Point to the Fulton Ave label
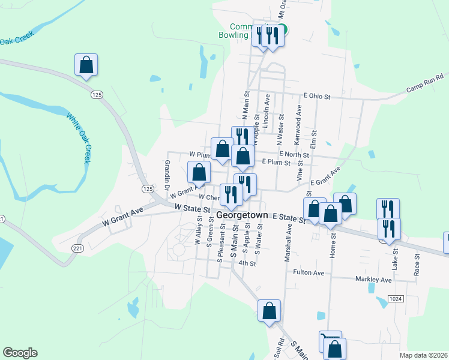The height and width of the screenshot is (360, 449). [x=309, y=272]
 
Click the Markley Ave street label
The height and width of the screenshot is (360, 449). [x=373, y=280]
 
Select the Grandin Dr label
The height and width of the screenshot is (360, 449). [x=167, y=172]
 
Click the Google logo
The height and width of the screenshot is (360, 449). [x=20, y=353]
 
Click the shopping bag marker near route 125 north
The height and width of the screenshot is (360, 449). [x=86, y=65]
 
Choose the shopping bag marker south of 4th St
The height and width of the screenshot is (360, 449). [x=270, y=311]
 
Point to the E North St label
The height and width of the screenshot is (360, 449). [x=293, y=155]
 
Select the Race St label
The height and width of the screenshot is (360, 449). [x=417, y=263]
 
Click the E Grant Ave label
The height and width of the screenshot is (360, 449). [x=325, y=176]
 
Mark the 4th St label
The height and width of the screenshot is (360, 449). [x=247, y=263]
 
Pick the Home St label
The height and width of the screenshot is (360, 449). [x=334, y=243]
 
